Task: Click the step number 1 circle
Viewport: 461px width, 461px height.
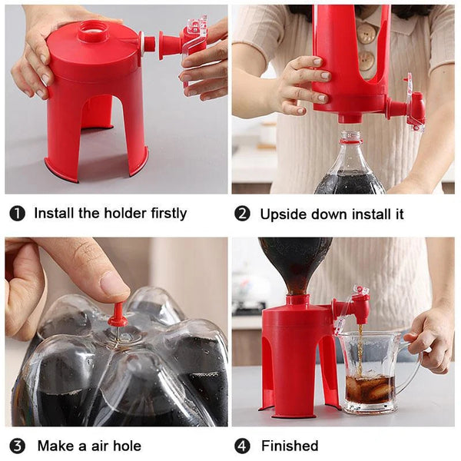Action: [17, 213]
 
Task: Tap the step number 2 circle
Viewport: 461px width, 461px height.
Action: [242, 213]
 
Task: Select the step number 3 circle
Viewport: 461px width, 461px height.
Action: [17, 446]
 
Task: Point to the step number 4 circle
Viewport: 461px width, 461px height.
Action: [242, 446]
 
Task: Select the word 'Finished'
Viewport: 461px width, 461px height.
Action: [290, 446]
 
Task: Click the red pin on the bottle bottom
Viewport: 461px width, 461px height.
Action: [117, 315]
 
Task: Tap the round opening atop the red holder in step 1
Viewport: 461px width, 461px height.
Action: [94, 32]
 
